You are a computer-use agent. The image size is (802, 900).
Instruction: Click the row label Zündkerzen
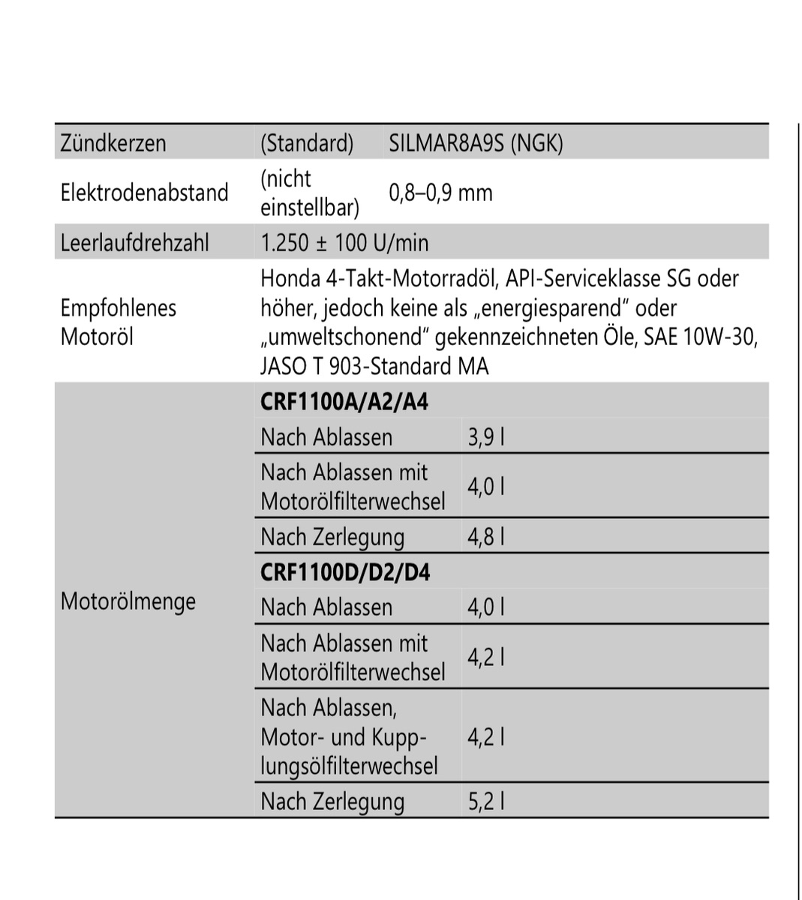(113, 142)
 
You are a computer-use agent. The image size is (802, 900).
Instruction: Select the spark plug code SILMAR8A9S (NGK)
(476, 142)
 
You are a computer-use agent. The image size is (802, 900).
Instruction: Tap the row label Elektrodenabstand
(144, 193)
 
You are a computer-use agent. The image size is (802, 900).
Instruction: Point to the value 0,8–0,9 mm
(440, 193)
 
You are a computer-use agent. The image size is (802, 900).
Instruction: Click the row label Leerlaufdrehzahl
(134, 243)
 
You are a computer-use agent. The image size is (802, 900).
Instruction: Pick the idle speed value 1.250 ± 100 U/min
(344, 243)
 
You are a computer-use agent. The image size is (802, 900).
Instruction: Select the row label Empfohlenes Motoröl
(118, 322)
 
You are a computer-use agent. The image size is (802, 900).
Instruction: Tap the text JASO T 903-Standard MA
(374, 366)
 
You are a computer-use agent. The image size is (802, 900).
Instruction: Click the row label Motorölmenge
(128, 601)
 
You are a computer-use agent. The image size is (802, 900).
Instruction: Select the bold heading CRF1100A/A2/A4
(344, 402)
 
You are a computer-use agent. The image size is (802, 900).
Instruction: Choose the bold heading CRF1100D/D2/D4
(345, 573)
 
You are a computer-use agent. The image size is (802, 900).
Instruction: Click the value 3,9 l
(485, 437)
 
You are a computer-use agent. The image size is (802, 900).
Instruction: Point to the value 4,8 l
(485, 537)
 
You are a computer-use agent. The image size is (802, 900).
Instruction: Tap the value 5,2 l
(485, 801)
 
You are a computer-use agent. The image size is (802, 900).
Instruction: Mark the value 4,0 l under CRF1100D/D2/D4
(485, 607)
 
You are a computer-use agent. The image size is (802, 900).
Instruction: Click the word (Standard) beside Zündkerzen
(307, 142)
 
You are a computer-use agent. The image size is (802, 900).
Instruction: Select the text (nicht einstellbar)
(308, 193)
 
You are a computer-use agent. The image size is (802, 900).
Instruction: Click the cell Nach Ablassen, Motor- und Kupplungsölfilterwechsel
(349, 736)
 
